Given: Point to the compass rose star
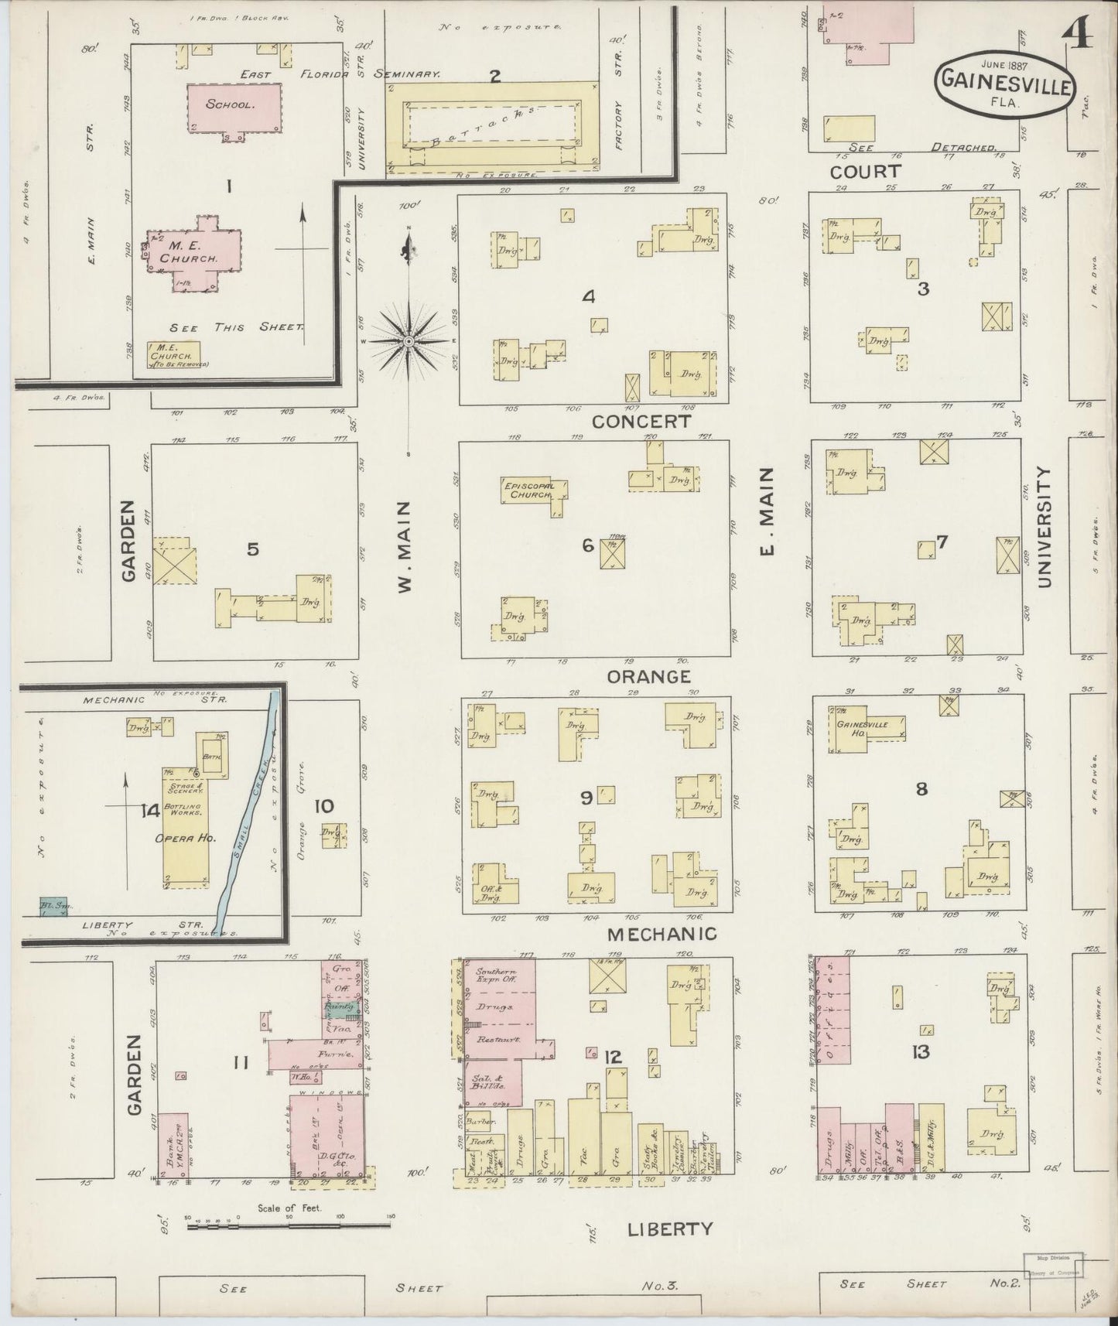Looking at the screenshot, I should point(409,340).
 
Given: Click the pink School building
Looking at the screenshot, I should point(230,107).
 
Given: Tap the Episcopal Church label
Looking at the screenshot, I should point(528,490).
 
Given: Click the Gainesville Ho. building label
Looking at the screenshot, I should point(861,728).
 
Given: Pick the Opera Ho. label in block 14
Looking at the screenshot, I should point(185,838).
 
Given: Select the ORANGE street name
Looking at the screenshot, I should point(648,677).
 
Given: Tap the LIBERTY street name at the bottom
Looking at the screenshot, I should point(669,1228).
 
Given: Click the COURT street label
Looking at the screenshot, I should point(865,171).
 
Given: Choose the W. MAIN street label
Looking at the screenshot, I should point(405,546).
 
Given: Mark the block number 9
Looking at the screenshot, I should point(586,797).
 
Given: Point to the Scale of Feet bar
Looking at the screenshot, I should point(288,1225).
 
